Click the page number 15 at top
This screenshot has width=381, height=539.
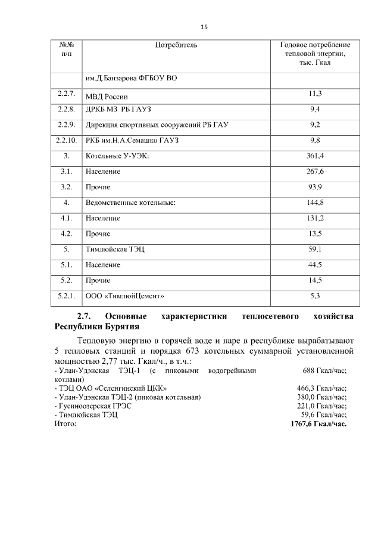pyautogui.click(x=204, y=27)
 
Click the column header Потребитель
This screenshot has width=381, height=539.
pyautogui.click(x=176, y=45)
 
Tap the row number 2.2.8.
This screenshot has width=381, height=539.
pyautogui.click(x=66, y=110)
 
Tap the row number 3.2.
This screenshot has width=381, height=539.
pyautogui.click(x=66, y=187)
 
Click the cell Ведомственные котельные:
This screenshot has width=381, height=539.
pyautogui.click(x=130, y=202)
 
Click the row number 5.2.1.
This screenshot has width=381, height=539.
pyautogui.click(x=66, y=295)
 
